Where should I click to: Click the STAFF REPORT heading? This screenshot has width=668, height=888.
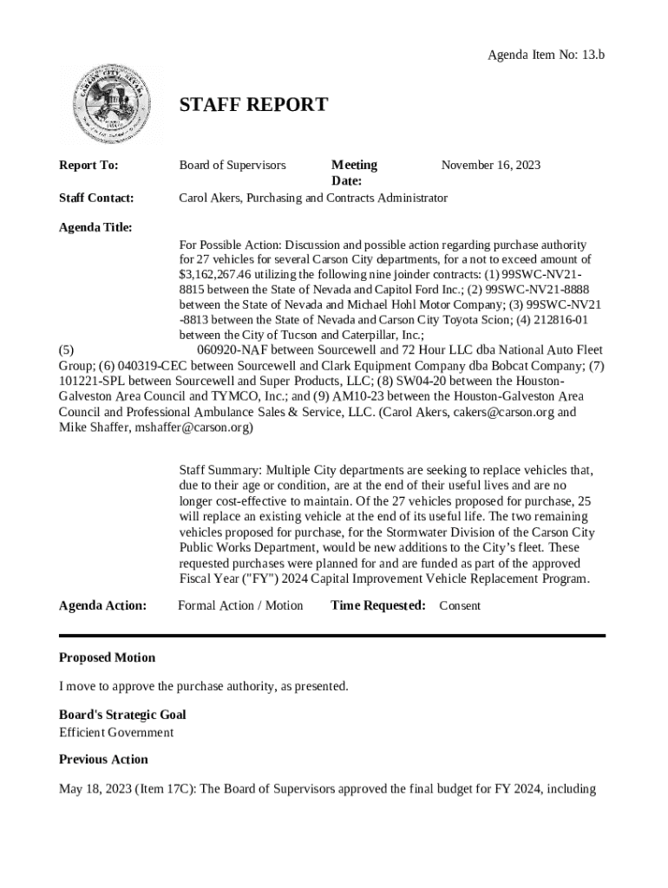253,106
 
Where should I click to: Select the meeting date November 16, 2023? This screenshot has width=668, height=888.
491,165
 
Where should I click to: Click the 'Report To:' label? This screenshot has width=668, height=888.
88,165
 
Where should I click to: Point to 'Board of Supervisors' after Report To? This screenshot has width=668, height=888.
232,165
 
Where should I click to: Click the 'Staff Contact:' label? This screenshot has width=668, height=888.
96,198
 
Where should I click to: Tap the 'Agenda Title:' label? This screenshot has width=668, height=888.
95,227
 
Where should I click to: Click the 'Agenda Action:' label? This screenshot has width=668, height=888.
102,605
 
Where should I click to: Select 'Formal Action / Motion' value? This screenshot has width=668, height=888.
240,605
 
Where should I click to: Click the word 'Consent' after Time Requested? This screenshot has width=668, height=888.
459,605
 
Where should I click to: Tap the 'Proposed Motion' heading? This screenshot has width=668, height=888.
107,657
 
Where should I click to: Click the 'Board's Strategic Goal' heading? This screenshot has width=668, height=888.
122,715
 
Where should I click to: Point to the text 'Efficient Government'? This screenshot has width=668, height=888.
116,732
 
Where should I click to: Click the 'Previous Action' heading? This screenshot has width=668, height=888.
103,759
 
